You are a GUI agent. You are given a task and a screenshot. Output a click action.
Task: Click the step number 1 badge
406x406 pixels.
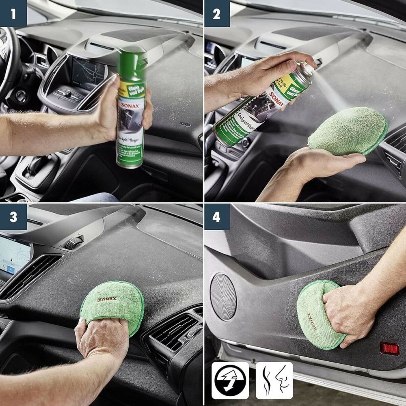[x=13, y=13]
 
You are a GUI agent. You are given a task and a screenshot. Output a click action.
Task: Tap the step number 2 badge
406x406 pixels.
[x=216, y=13]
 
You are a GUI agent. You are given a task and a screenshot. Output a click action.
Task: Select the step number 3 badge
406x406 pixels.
[x=13, y=217]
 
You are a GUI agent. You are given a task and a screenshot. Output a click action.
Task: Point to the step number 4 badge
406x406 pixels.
[x=216, y=217]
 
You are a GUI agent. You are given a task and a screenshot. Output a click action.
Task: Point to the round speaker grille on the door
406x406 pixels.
[x=223, y=296]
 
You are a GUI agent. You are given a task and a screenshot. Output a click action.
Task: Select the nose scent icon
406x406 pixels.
[x=274, y=380]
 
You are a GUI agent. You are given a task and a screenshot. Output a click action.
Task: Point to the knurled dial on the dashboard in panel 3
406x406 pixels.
[x=74, y=243]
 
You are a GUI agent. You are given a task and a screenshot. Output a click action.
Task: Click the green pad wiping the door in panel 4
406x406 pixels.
[x=317, y=313]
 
